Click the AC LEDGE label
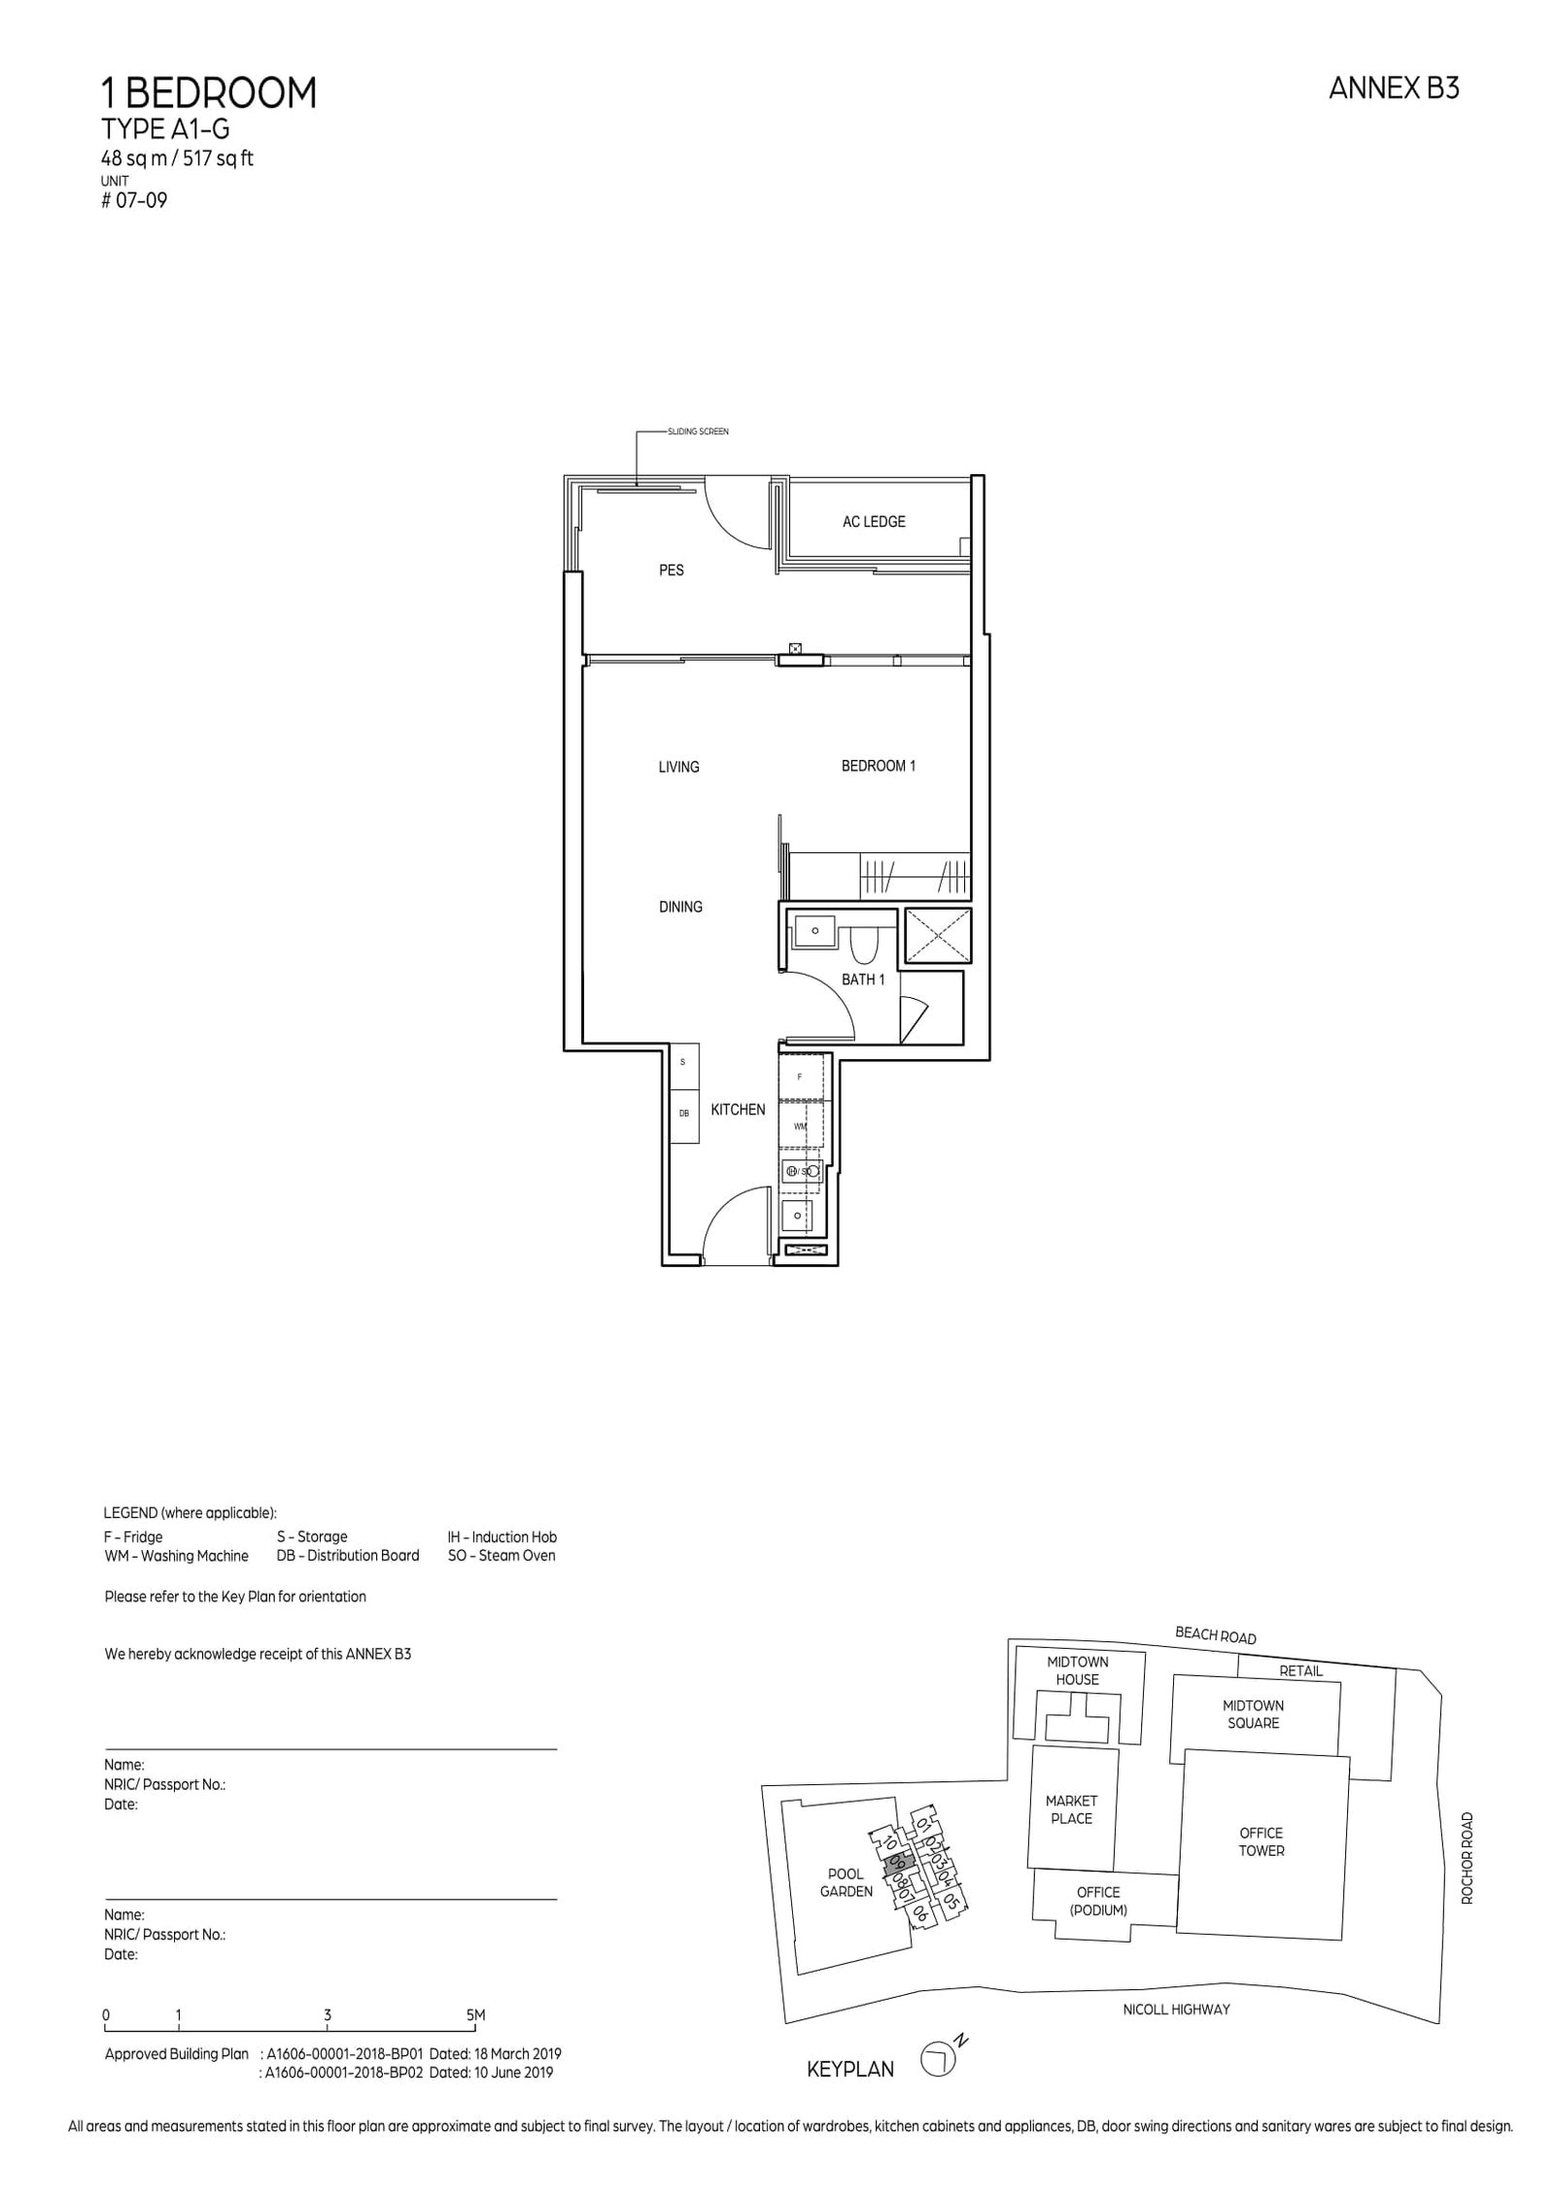[x=873, y=522]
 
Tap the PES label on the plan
[x=671, y=570]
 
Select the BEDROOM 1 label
[x=878, y=766]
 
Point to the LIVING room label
[x=678, y=767]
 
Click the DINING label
[x=680, y=907]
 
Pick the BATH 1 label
[x=862, y=980]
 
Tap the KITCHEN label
[x=738, y=1110]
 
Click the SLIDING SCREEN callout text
[x=698, y=431]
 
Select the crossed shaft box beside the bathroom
[x=938, y=937]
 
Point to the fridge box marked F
[x=800, y=1077]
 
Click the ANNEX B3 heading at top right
[x=1393, y=89]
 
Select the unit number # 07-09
[x=135, y=202]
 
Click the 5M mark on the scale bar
[x=475, y=2015]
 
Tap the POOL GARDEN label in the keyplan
[x=846, y=1882]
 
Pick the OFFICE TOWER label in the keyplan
[x=1261, y=1841]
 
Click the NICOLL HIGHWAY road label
[x=1176, y=2009]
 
